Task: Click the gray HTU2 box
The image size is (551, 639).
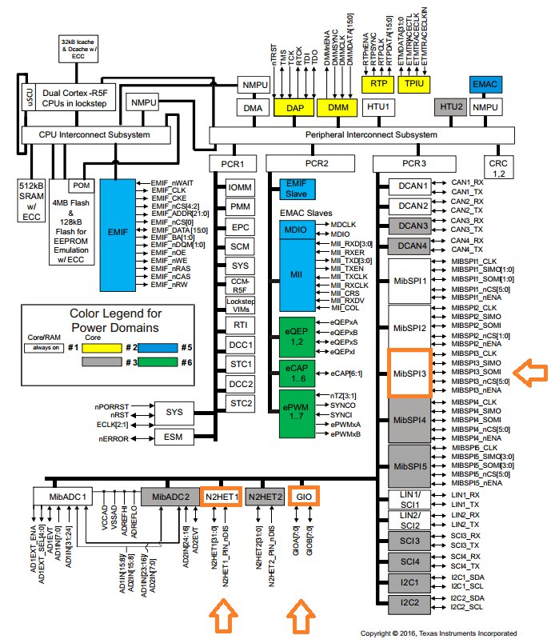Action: (450, 106)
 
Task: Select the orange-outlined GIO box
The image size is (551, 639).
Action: (303, 497)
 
